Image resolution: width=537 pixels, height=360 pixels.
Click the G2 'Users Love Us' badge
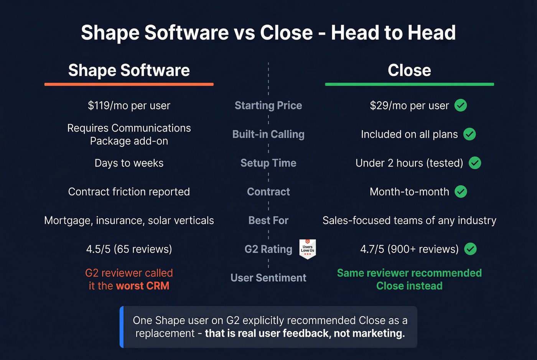pyautogui.click(x=307, y=249)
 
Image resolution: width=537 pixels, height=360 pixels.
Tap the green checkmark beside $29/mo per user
pyautogui.click(x=461, y=105)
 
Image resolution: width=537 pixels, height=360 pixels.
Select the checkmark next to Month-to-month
pyautogui.click(x=461, y=191)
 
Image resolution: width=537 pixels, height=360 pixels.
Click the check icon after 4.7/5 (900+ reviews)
pyautogui.click(x=470, y=249)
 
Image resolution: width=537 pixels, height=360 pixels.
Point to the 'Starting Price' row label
pyautogui.click(x=268, y=105)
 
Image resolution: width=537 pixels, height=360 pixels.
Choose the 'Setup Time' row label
pyautogui.click(x=268, y=163)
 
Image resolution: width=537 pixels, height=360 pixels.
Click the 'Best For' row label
pyautogui.click(x=268, y=220)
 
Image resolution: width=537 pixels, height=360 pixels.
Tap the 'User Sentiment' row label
pyautogui.click(x=268, y=278)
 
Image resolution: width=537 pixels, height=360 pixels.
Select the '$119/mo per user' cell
pyautogui.click(x=129, y=105)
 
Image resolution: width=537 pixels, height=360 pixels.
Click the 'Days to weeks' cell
pyautogui.click(x=129, y=163)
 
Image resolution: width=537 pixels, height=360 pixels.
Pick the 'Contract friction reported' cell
pyautogui.click(x=129, y=192)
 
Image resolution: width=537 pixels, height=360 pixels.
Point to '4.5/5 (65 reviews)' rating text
pyautogui.click(x=129, y=249)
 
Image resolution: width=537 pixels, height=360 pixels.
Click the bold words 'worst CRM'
pyautogui.click(x=142, y=286)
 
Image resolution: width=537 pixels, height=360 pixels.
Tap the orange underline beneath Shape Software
pyautogui.click(x=129, y=84)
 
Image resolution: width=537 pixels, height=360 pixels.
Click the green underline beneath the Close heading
pyautogui.click(x=409, y=84)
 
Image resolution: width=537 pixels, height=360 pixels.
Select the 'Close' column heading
pyautogui.click(x=409, y=71)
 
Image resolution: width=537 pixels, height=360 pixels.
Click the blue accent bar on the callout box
pyautogui.click(x=122, y=327)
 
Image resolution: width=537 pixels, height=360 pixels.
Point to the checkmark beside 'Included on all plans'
pyautogui.click(x=469, y=134)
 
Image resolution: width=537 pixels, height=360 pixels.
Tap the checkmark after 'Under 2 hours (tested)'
pyautogui.click(x=475, y=163)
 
